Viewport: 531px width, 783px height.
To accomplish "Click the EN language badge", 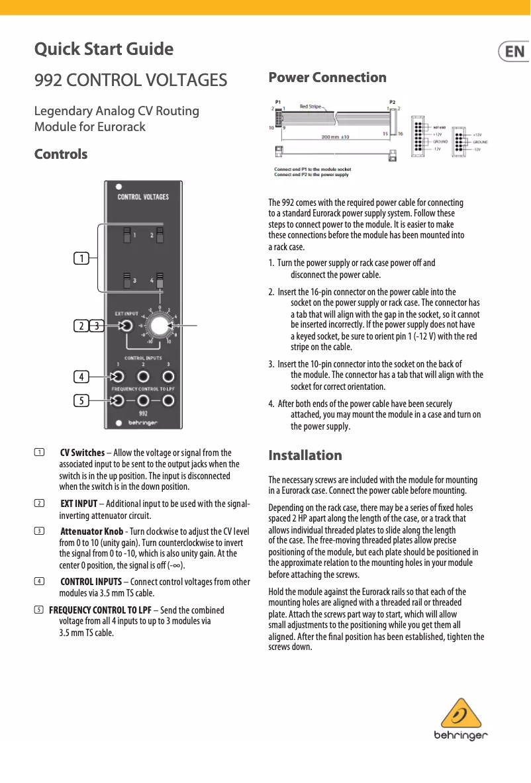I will (514, 52).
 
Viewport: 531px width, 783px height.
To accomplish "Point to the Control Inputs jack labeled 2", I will (144, 377).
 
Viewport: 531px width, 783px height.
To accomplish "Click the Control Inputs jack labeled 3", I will (169, 377).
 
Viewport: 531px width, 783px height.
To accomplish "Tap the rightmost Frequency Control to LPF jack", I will (169, 400).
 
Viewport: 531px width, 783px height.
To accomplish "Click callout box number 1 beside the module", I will (81, 257).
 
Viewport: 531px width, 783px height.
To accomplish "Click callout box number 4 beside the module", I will (81, 377).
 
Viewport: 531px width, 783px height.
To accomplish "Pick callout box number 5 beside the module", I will (81, 400).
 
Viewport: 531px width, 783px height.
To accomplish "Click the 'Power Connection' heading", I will (327, 77).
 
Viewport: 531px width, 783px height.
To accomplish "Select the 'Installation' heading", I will (305, 455).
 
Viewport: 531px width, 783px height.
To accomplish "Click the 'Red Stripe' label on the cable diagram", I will (311, 106).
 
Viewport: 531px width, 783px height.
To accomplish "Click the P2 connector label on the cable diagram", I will (393, 102).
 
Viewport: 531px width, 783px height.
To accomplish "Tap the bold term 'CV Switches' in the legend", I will (82, 453).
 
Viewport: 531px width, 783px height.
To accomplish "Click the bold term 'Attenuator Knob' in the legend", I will (91, 531).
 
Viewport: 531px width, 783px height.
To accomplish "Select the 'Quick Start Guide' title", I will (104, 50).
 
